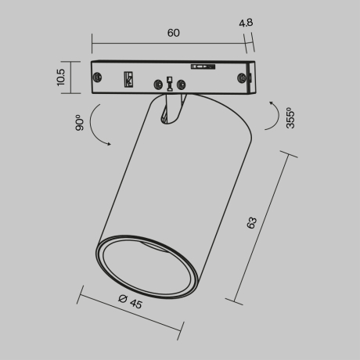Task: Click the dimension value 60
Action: pyautogui.click(x=173, y=32)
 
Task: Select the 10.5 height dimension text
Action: pyautogui.click(x=61, y=77)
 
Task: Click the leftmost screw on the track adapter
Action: pyautogui.click(x=99, y=77)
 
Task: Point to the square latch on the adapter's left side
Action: pyautogui.click(x=128, y=78)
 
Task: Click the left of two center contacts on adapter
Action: pyautogui.click(x=160, y=84)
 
